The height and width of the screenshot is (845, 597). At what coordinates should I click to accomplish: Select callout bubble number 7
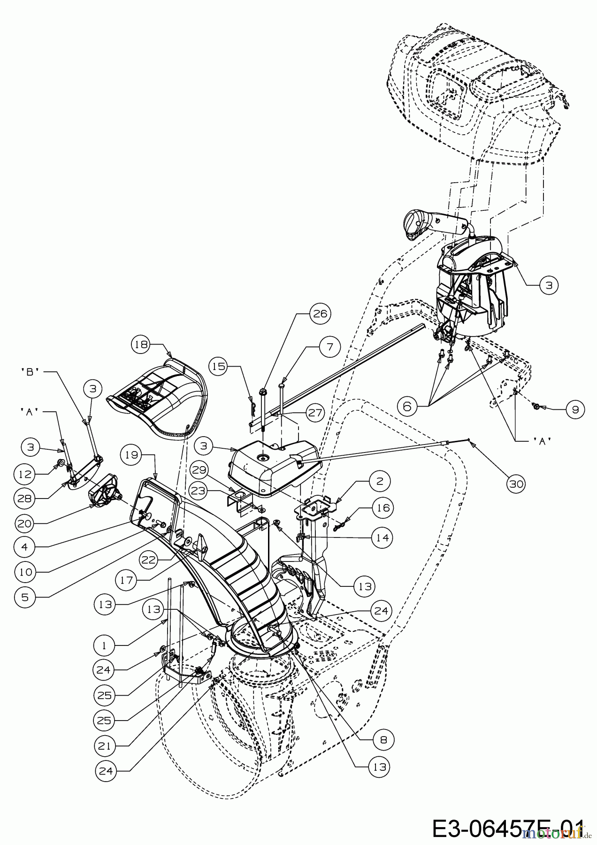point(330,347)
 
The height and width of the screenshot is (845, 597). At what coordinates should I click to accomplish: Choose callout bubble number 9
point(574,409)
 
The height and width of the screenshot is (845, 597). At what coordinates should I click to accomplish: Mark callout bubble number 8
point(382,740)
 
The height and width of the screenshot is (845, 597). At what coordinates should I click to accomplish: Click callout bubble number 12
point(25,474)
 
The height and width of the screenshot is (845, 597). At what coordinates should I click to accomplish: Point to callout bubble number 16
point(383,508)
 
